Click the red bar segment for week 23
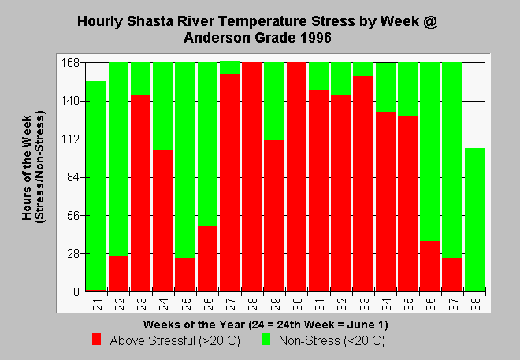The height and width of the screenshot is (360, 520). [x=140, y=193]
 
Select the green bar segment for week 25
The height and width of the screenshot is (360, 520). [x=185, y=160]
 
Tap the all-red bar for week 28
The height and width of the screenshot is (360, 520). [x=252, y=177]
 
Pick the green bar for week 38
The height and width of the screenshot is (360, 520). [x=474, y=220]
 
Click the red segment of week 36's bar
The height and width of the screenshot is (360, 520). [x=430, y=266]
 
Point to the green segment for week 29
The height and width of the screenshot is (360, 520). [x=274, y=101]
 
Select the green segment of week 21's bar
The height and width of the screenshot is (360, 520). [x=96, y=185]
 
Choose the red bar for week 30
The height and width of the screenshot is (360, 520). [x=296, y=177]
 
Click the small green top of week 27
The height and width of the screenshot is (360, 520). [x=230, y=68]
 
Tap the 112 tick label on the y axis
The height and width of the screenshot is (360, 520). [x=71, y=139]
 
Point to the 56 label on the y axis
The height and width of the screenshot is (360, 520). [x=74, y=216]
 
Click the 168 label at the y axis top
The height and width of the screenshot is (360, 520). [x=71, y=63]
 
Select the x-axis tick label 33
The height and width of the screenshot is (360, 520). [x=365, y=304]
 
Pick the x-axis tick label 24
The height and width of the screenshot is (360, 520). [x=164, y=304]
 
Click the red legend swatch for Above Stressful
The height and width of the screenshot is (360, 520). [x=96, y=340]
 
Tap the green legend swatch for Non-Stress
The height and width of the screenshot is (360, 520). [x=266, y=340]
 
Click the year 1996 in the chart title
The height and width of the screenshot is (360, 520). [x=316, y=38]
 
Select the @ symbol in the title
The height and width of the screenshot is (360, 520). [x=430, y=21]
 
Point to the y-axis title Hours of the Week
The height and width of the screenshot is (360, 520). [x=27, y=168]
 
